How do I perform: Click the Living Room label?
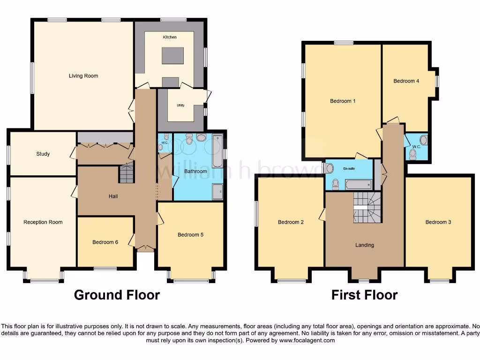[x=83, y=76]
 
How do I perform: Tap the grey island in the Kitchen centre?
[x=170, y=56]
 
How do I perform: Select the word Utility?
[x=180, y=105]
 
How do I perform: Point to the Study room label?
[x=43, y=154]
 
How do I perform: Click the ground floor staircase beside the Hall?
[x=127, y=173]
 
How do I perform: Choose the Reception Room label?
[x=43, y=222]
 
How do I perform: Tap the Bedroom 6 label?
[x=105, y=242]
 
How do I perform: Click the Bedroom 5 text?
[x=190, y=235]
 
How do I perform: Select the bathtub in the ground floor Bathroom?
[x=217, y=151]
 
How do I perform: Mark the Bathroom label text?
[x=195, y=172]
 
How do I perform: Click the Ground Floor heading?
[x=117, y=295]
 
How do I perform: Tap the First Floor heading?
[x=364, y=295]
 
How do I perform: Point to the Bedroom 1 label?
[x=343, y=101]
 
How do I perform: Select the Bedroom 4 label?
[x=406, y=81]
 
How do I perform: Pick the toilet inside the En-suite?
[x=335, y=184]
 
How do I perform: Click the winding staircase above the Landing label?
[x=367, y=207]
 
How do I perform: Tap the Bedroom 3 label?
[x=438, y=222]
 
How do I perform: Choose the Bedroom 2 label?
[x=291, y=222]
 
